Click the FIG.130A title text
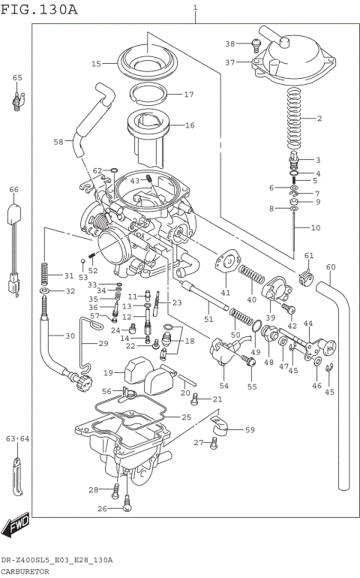(x=39, y=9)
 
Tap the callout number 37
(x=230, y=62)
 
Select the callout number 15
(x=96, y=64)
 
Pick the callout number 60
(x=330, y=266)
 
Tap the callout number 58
(x=58, y=141)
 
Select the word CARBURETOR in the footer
(x=25, y=571)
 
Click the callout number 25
(x=186, y=417)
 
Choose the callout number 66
(x=13, y=190)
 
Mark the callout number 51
(x=208, y=320)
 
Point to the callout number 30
(x=70, y=336)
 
